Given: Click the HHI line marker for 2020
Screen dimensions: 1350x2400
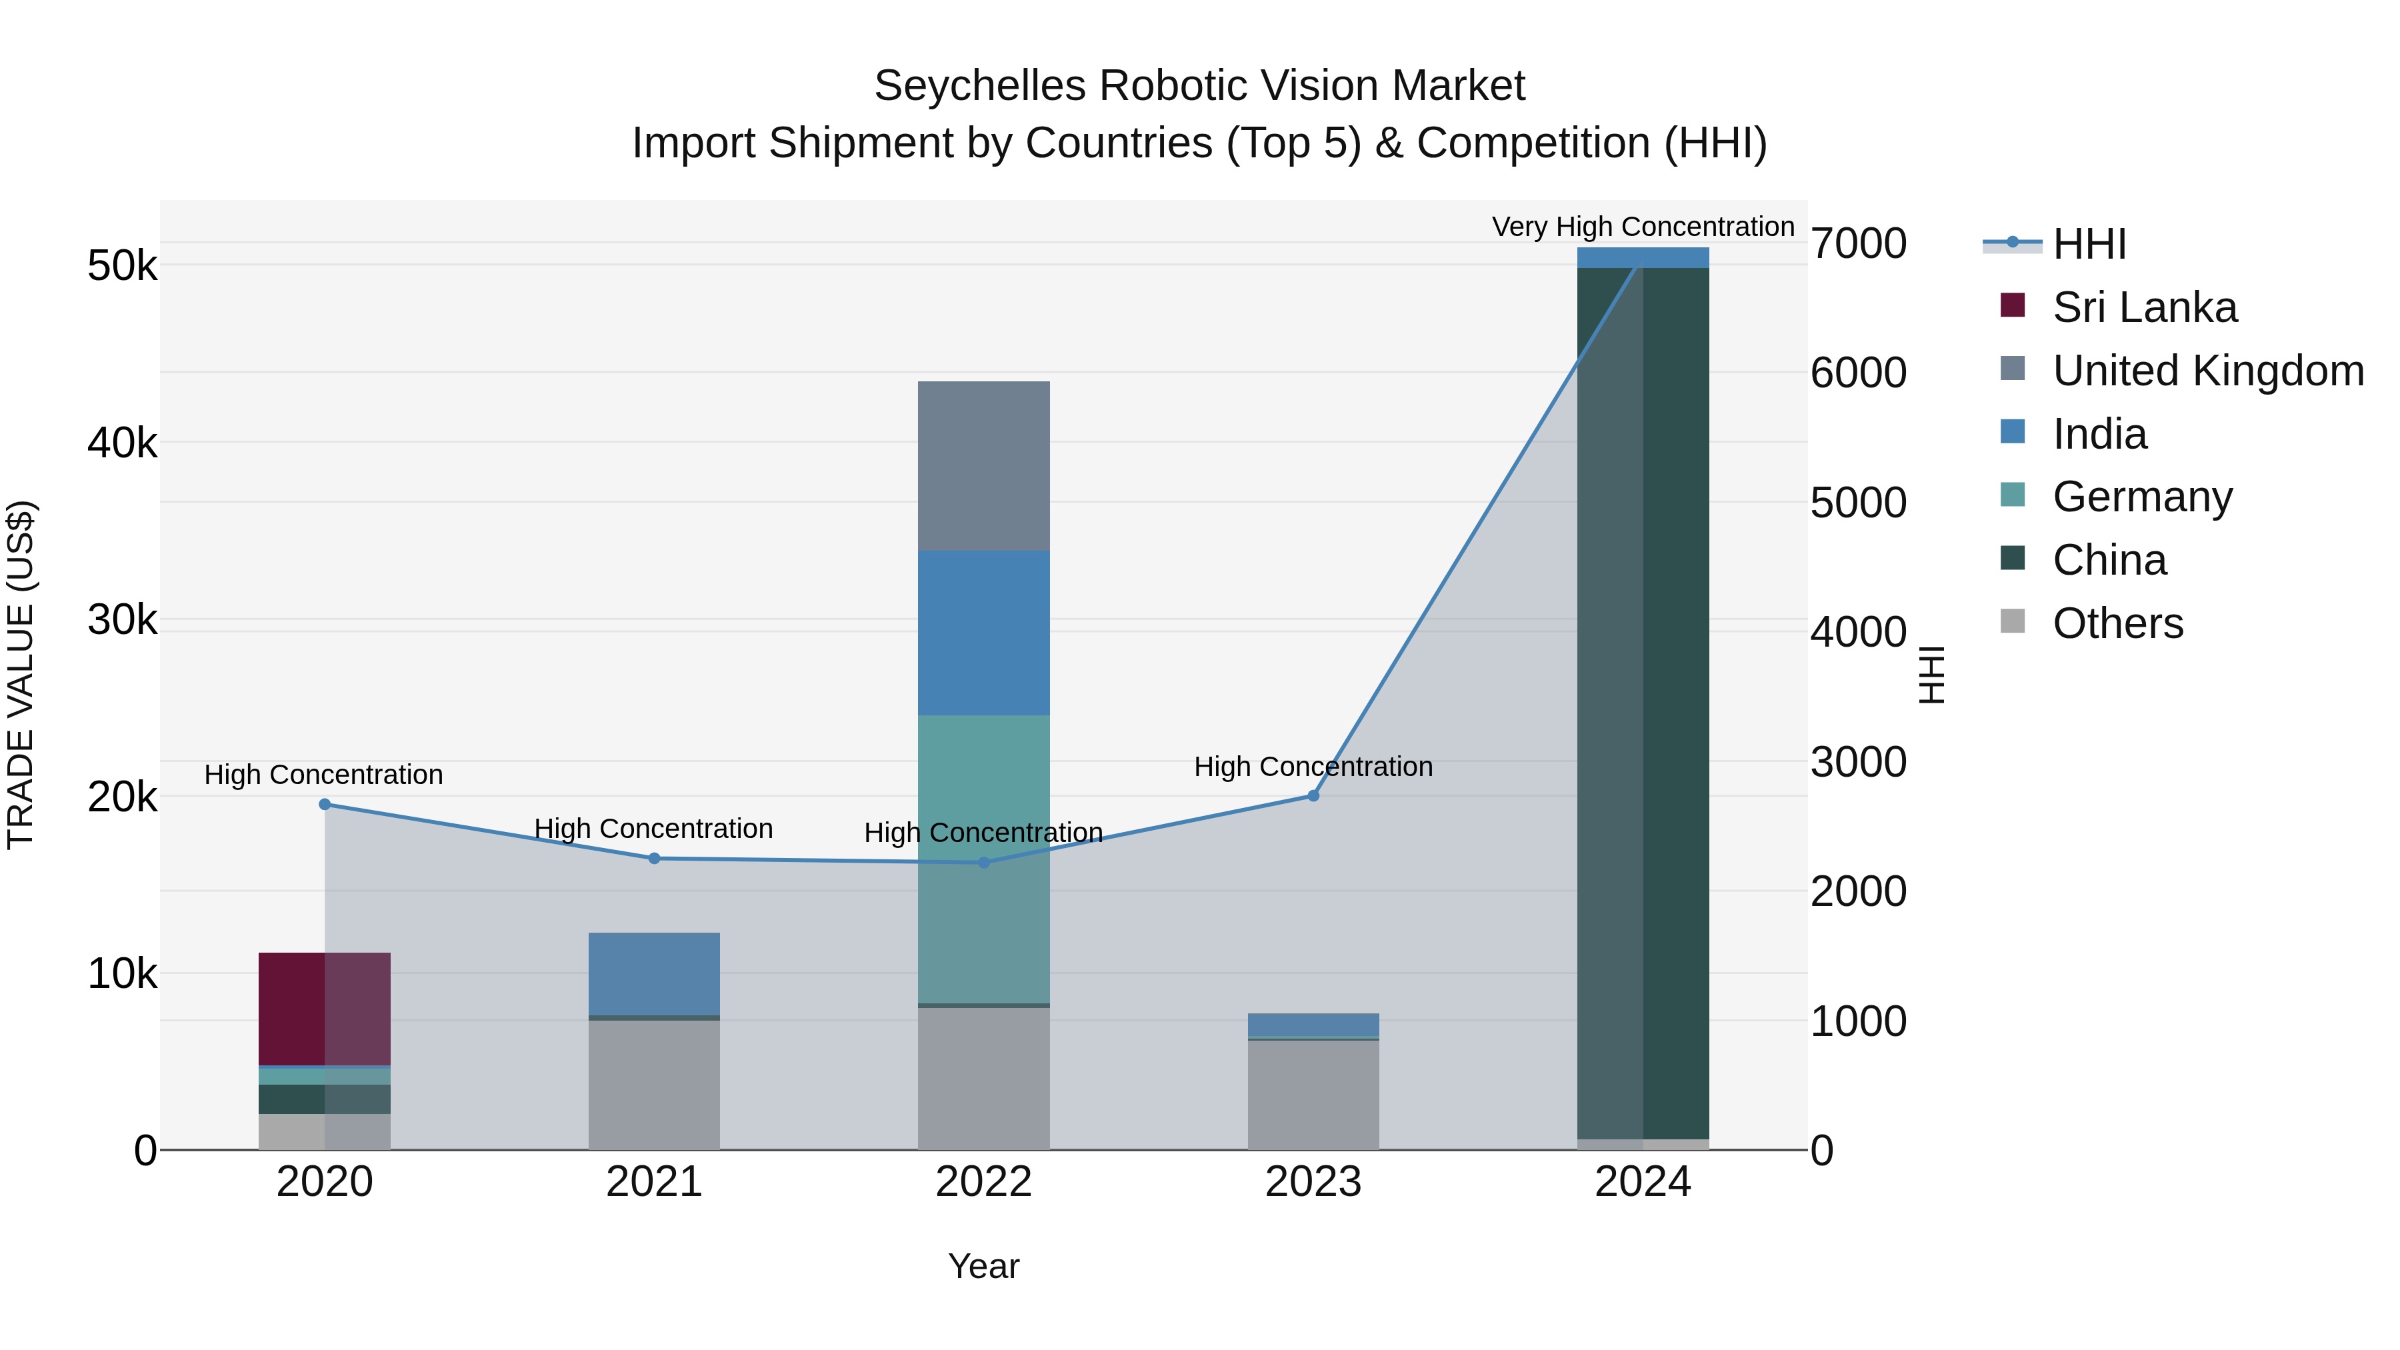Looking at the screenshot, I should (324, 804).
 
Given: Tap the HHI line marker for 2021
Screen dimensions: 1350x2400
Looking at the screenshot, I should (654, 858).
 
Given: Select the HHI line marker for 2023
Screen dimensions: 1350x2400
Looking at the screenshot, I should (1313, 795).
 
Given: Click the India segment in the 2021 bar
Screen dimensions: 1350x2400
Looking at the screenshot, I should (654, 973).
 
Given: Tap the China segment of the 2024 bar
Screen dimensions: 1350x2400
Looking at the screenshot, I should (1643, 699).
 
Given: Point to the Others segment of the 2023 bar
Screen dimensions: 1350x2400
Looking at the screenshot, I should (1313, 1095).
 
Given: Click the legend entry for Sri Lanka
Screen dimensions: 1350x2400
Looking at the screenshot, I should (2143, 307).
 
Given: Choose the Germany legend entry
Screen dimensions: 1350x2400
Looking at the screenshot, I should (2141, 497).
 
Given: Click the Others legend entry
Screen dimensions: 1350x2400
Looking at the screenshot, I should (2117, 623).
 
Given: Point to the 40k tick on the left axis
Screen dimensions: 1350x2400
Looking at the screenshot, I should (122, 443).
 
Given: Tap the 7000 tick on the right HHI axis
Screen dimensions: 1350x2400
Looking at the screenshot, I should (1858, 244).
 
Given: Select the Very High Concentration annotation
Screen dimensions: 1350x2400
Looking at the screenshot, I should (1643, 227).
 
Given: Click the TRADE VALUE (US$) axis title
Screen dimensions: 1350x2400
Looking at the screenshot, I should (21, 675).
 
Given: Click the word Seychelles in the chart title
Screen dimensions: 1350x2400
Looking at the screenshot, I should (979, 86).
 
